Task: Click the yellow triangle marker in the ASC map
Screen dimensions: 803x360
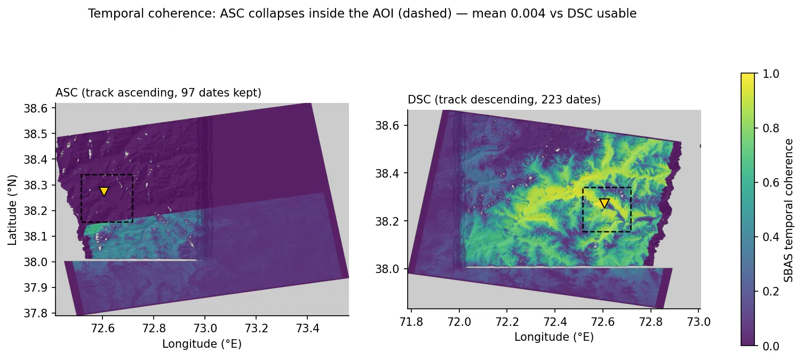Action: [x=104, y=191]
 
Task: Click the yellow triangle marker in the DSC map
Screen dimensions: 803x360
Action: [x=605, y=203]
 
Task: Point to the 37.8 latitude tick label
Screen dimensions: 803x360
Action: [x=36, y=314]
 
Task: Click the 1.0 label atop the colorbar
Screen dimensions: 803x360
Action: [x=771, y=74]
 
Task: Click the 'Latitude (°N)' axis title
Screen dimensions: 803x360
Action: [x=12, y=210]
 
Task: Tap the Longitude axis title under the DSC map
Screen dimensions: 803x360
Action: [x=554, y=337]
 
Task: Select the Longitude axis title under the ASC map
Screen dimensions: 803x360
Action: [x=202, y=344]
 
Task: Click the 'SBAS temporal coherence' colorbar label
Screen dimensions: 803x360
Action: [x=788, y=211]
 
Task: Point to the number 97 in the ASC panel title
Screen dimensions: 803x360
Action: [x=186, y=93]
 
